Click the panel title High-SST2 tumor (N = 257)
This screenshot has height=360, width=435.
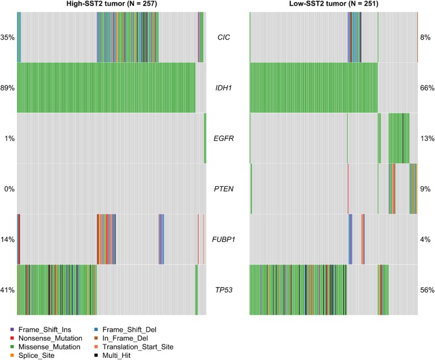click(x=112, y=5)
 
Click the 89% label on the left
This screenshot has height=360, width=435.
click(x=8, y=88)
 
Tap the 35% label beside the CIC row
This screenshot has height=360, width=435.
click(x=8, y=38)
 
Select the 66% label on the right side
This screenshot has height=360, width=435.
click(x=425, y=88)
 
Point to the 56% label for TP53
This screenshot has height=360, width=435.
click(x=425, y=290)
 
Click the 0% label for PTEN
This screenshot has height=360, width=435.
click(x=9, y=189)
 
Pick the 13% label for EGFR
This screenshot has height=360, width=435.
click(x=425, y=139)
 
